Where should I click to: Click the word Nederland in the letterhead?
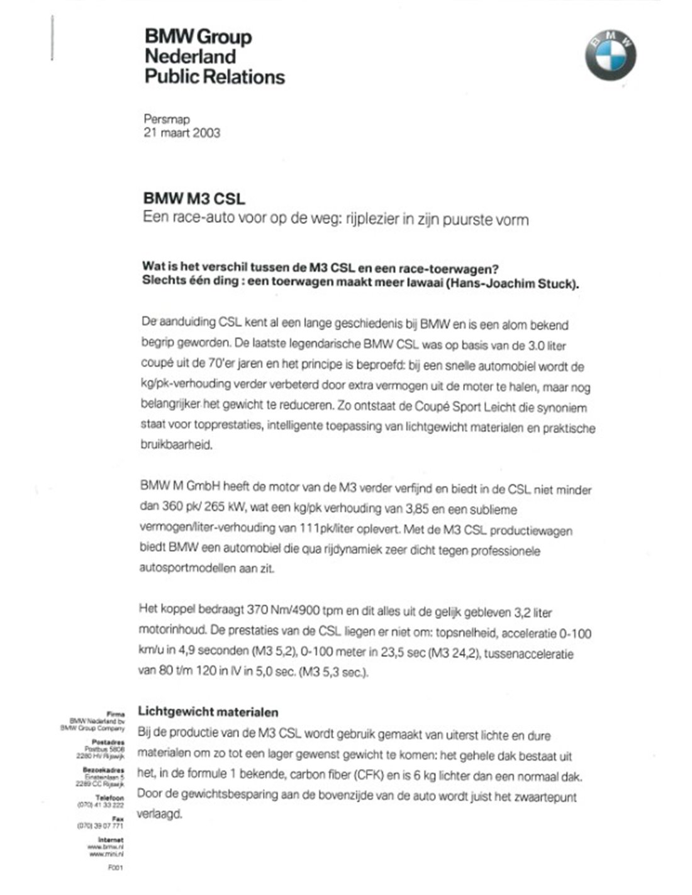click(x=190, y=57)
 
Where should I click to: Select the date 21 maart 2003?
click(x=182, y=133)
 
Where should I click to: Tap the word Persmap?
click(x=167, y=118)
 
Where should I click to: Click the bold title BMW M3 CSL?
click(x=194, y=199)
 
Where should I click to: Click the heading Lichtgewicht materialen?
click(x=208, y=712)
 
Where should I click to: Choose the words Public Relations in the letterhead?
click(x=215, y=77)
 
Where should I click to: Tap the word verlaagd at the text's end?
click(x=160, y=814)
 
